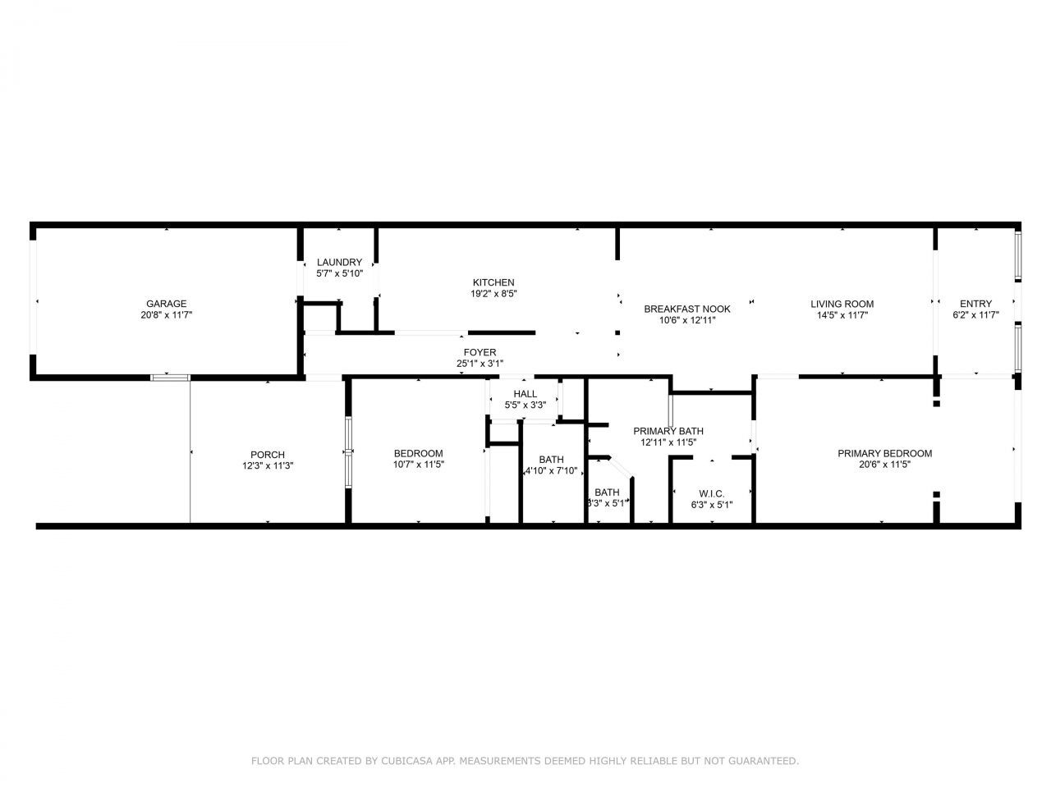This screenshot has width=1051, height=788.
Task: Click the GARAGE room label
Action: pyautogui.click(x=166, y=304)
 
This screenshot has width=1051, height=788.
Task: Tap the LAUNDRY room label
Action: pyautogui.click(x=339, y=263)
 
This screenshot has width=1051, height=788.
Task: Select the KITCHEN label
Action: pyautogui.click(x=493, y=282)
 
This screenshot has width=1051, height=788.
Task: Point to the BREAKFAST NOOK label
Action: pyautogui.click(x=686, y=309)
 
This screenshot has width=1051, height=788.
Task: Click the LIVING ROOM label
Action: pyautogui.click(x=842, y=304)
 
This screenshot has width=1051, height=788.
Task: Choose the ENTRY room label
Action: pyautogui.click(x=975, y=304)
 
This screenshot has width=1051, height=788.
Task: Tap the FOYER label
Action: pyautogui.click(x=480, y=352)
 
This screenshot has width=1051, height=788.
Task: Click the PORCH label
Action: pyautogui.click(x=268, y=455)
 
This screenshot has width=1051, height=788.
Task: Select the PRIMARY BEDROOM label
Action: pyautogui.click(x=884, y=453)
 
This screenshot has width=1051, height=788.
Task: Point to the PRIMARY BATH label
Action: pyautogui.click(x=668, y=431)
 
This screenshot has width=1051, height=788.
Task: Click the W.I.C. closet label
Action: pyautogui.click(x=711, y=493)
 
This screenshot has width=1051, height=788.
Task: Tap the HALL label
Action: pyautogui.click(x=525, y=394)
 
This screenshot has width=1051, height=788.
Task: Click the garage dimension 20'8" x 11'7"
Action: pyautogui.click(x=166, y=314)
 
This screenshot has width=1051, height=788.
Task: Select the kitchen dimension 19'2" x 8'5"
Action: pyautogui.click(x=493, y=293)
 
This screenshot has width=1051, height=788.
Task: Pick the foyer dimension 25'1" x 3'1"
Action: pyautogui.click(x=480, y=363)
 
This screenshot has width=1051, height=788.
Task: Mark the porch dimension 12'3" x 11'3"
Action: pyautogui.click(x=268, y=465)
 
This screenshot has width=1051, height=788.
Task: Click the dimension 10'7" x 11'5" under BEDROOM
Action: pyautogui.click(x=419, y=464)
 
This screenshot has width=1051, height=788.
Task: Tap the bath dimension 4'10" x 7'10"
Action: pyautogui.click(x=552, y=471)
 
